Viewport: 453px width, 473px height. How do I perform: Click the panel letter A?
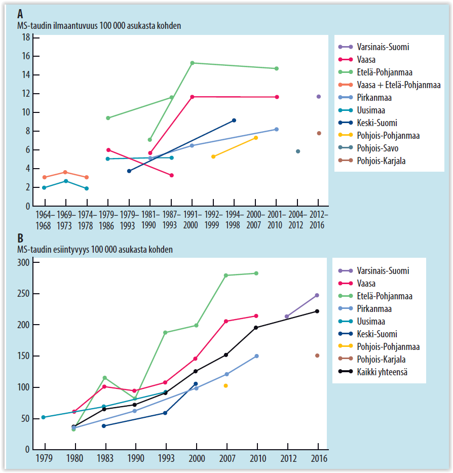click(21, 14)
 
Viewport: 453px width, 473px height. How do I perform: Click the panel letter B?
click(21, 239)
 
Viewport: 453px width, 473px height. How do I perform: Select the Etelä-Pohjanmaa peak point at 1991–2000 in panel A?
click(192, 63)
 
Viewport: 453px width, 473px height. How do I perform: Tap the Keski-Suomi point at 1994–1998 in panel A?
click(234, 120)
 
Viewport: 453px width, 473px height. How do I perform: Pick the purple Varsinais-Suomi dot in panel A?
click(319, 96)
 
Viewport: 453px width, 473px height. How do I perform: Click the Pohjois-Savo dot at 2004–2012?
click(298, 151)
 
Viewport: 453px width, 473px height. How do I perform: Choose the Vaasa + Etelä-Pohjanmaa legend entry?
click(398, 85)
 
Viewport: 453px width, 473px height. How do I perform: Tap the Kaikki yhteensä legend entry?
click(382, 372)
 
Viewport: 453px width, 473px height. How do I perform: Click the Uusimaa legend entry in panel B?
click(373, 322)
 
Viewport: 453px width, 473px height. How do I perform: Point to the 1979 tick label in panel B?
click(45, 459)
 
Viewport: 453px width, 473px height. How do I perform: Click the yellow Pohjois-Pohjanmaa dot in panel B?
click(226, 386)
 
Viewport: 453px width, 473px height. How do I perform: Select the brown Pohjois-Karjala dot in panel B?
click(317, 356)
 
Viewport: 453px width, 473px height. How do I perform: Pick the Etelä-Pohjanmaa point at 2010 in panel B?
click(256, 273)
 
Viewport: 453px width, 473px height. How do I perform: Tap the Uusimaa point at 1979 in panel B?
click(44, 417)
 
